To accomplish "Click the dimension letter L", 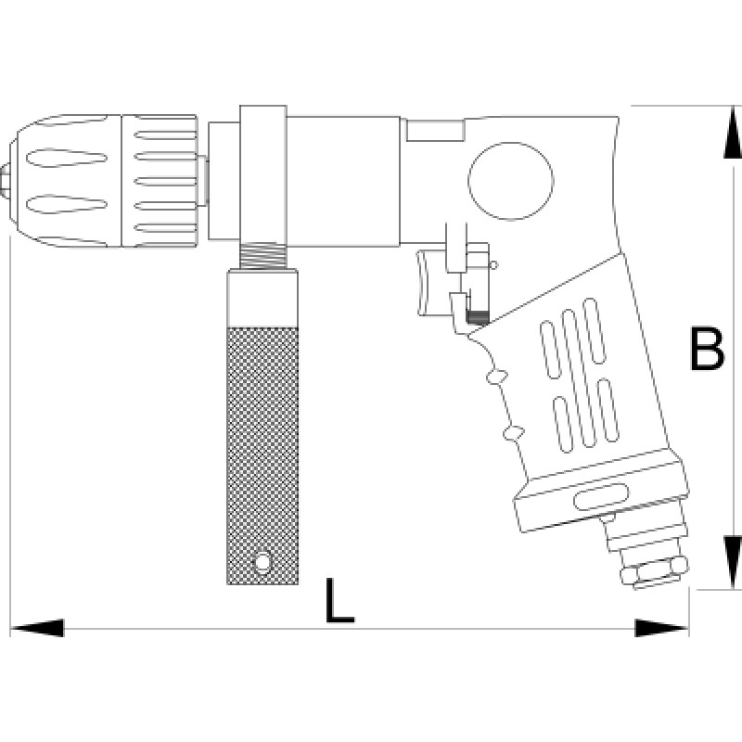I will pos(339,600).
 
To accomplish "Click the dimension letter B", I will pos(708,349).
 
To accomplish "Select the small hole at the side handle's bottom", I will pos(263,562).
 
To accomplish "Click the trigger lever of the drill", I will pos(429,283).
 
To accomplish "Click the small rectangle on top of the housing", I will pos(436,131).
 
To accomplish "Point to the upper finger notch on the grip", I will pos(494,376).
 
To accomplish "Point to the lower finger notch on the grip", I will pos(511,431).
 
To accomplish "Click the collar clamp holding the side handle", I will pos(262,176).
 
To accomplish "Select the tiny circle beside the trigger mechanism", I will pos(493,267).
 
